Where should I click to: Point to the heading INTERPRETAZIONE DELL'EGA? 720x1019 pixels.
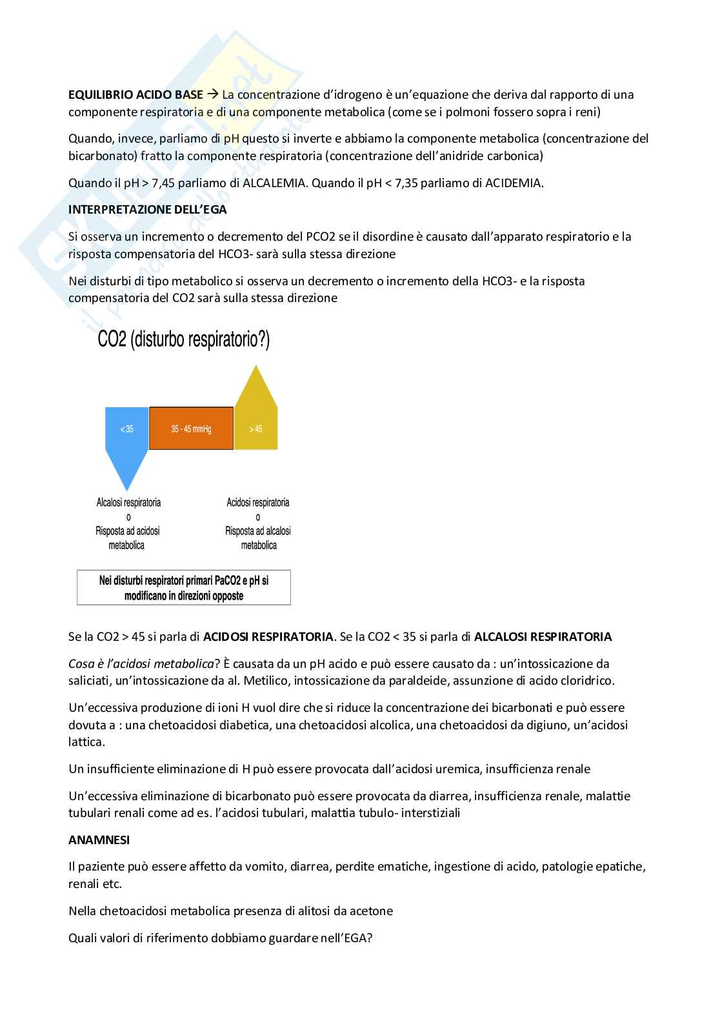(x=147, y=210)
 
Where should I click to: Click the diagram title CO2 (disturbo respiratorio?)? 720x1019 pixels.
(x=183, y=340)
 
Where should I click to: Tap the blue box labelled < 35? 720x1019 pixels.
(x=126, y=429)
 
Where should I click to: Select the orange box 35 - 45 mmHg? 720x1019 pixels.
(x=191, y=429)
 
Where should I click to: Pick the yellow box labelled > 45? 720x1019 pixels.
(x=255, y=429)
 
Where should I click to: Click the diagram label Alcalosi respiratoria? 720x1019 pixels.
(x=128, y=502)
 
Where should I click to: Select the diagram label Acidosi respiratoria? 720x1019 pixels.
(x=258, y=502)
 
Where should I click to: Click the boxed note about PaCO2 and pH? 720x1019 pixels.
(x=184, y=587)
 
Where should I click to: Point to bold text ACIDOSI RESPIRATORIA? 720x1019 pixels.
(x=268, y=637)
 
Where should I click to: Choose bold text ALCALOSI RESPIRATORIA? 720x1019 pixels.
(x=543, y=637)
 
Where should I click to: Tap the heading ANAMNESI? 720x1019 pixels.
(x=99, y=840)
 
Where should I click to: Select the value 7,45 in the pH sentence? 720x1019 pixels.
(x=163, y=183)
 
